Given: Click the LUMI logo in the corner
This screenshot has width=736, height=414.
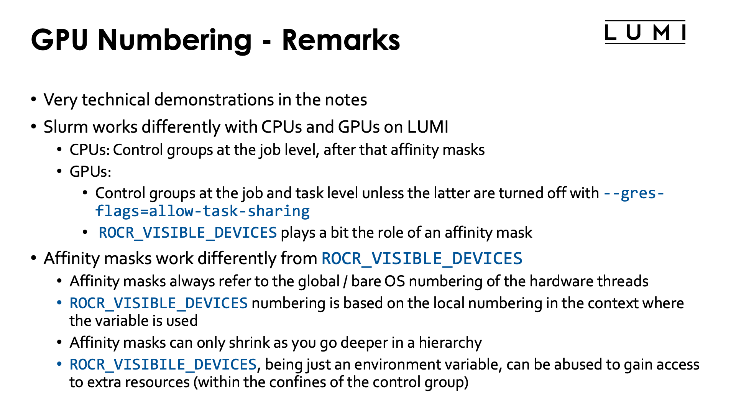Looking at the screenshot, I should tap(645, 33).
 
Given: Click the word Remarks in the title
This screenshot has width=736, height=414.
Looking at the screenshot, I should tap(341, 40).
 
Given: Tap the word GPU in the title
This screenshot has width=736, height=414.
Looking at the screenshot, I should tap(59, 40).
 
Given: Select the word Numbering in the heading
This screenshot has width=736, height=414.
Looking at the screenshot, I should tap(175, 40).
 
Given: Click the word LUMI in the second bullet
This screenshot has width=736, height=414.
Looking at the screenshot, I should tap(427, 127).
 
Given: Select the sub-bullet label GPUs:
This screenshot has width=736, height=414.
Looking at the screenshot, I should tap(90, 172).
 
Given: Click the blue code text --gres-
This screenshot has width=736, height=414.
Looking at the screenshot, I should tap(634, 193).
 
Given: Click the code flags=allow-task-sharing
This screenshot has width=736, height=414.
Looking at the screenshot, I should tap(202, 211).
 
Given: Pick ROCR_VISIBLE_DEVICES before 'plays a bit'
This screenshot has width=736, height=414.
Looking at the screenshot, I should tap(188, 233).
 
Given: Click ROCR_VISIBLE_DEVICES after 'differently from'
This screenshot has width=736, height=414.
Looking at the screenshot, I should tap(422, 258).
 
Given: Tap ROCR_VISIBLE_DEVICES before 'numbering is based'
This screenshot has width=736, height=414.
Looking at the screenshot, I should tap(159, 303).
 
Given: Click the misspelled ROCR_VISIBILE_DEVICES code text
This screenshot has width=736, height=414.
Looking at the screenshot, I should tap(163, 365).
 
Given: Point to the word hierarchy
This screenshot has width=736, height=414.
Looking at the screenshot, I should tap(450, 343).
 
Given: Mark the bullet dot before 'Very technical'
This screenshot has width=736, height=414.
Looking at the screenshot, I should tap(34, 100).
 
